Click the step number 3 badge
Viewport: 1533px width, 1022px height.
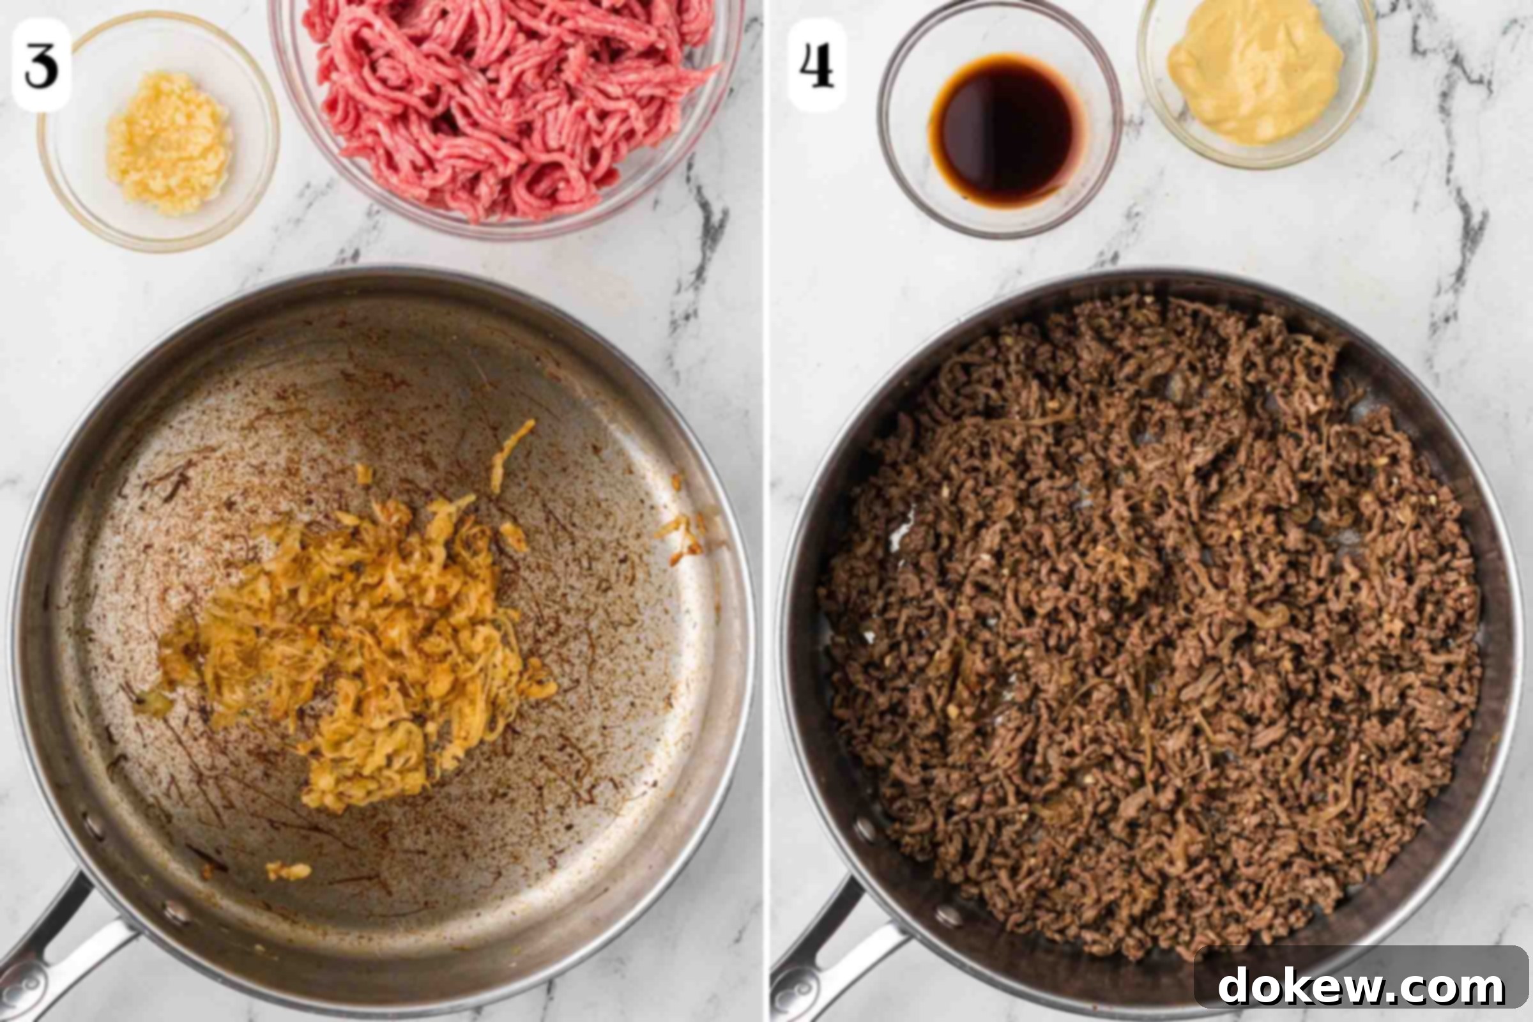(41, 65)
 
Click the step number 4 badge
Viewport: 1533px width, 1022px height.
(817, 65)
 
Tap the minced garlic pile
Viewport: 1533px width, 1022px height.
(169, 142)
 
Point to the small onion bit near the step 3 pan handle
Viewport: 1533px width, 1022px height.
(289, 871)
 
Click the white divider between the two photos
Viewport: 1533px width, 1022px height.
(766, 511)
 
